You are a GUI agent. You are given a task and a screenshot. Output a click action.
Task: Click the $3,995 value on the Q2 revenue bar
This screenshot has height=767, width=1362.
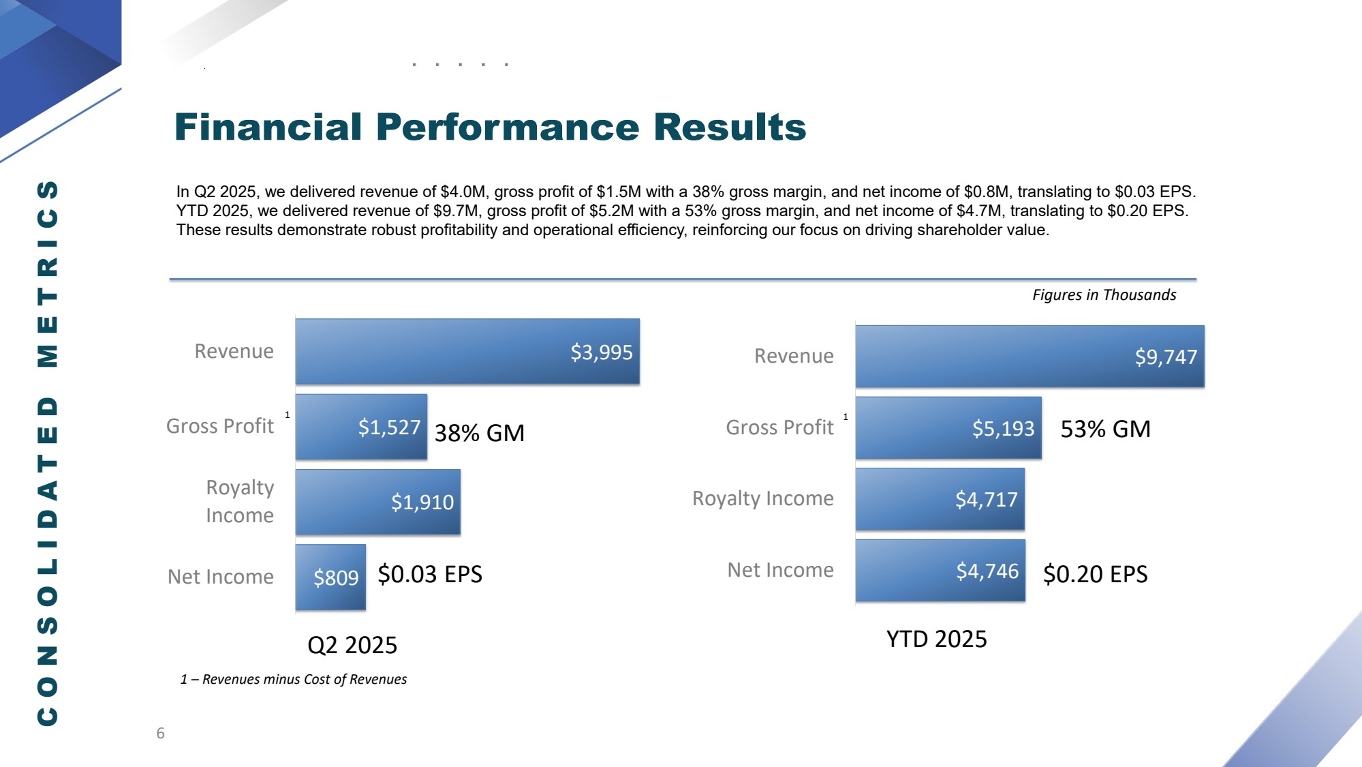601,352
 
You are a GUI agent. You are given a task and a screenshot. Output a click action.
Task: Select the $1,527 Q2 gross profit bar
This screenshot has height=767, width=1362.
362,427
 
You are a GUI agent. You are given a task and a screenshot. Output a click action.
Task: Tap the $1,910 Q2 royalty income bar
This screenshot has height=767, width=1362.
378,502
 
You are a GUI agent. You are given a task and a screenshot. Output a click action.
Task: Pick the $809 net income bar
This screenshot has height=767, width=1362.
331,577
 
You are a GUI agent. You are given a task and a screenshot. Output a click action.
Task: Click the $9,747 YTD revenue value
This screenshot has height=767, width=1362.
1165,357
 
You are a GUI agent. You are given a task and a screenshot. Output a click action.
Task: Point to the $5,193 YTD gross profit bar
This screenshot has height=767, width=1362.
948,428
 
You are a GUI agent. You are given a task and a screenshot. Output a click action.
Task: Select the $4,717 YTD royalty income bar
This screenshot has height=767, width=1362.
940,499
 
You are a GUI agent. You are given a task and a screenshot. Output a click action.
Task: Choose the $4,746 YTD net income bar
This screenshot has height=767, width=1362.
940,571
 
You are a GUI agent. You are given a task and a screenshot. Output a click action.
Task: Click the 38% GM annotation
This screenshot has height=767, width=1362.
480,433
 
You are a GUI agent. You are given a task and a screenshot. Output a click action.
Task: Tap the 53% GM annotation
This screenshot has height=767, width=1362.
1105,429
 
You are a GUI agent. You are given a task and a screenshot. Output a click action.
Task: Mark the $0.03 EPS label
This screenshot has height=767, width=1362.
430,574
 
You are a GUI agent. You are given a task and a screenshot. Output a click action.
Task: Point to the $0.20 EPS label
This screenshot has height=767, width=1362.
1095,574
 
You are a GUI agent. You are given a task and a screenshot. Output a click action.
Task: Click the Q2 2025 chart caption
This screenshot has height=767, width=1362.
352,645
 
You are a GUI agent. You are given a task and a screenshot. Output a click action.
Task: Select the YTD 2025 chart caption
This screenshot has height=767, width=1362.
936,639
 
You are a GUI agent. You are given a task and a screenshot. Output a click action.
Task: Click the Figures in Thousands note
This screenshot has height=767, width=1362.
1104,295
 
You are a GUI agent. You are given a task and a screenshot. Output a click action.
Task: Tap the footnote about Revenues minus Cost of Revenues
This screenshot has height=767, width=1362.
294,679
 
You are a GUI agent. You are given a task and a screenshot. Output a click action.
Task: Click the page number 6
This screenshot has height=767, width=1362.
161,733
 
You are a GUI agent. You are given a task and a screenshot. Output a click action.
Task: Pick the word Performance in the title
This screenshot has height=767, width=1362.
508,127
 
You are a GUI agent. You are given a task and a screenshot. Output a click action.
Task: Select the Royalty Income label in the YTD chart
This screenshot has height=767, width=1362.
762,498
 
